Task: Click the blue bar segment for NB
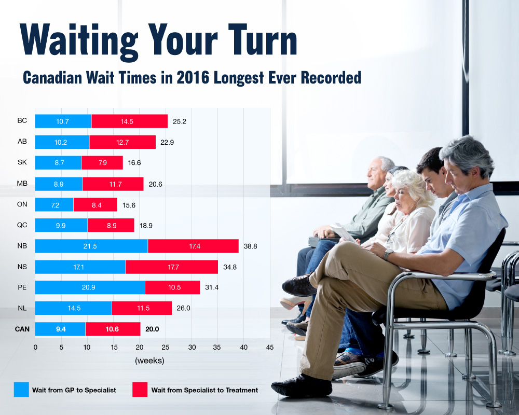91,246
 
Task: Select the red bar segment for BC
129,121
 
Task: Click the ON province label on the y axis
22,204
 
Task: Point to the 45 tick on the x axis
269,347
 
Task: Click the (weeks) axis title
149,360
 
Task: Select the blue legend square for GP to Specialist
21,390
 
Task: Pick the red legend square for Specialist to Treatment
140,390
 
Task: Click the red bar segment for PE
172,287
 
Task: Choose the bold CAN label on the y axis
22,329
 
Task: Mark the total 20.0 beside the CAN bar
152,329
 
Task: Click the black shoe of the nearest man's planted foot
301,387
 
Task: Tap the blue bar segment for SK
58,162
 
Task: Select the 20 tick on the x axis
140,347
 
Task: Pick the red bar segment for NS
172,267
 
